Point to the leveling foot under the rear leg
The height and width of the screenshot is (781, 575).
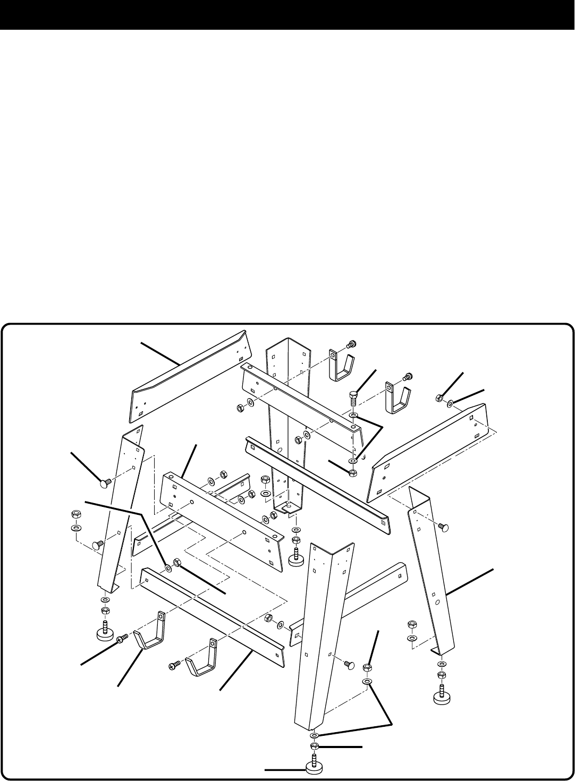tap(295, 559)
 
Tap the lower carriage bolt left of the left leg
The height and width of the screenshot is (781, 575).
tap(97, 545)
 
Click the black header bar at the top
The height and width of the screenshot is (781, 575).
tap(287, 14)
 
